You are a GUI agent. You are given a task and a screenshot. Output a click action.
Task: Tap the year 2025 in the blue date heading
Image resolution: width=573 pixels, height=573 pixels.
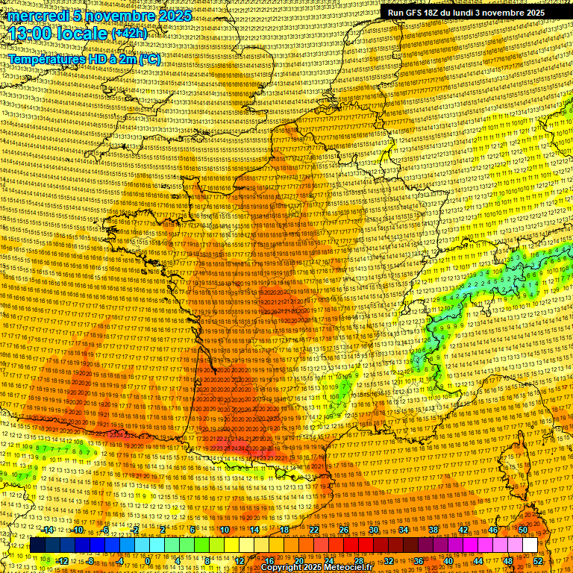coord(172,16)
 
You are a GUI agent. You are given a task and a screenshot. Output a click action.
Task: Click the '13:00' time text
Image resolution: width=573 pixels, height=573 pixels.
coord(31,33)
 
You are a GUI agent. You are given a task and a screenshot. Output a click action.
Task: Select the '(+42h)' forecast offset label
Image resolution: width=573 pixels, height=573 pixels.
coord(129,34)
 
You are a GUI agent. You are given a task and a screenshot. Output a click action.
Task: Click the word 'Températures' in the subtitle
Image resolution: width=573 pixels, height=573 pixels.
coord(46,59)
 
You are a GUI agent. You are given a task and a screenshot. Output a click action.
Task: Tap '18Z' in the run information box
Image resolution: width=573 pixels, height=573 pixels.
coord(434,13)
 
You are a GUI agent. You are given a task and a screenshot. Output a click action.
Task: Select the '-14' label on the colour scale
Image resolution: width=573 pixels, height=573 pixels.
coord(48,530)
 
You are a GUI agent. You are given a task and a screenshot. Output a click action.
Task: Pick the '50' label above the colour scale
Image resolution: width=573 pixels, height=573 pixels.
coord(522,530)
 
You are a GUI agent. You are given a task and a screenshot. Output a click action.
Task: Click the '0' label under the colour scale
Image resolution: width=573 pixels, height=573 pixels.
coord(148,560)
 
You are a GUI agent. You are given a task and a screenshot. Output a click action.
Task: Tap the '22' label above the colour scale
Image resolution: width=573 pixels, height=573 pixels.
coord(314,530)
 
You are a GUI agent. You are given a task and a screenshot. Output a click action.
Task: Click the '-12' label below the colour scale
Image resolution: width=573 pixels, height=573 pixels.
coord(63,560)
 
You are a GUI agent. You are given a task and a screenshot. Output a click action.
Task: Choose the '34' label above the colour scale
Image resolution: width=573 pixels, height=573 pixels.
coord(404,530)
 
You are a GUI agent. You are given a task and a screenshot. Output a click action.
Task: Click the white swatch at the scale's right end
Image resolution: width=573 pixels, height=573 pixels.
coord(530,545)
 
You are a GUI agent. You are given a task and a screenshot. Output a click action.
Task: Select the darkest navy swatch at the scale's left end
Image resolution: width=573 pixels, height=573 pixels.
coord(37,545)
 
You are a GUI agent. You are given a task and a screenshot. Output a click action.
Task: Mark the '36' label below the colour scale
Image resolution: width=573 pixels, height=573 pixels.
coord(419,560)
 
